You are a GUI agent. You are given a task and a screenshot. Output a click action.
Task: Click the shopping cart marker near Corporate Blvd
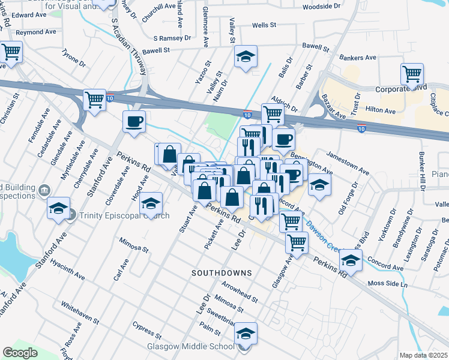(412, 75)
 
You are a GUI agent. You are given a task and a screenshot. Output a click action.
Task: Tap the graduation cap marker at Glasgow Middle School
(245, 334)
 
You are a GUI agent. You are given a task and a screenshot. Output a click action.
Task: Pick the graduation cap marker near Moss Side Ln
(351, 261)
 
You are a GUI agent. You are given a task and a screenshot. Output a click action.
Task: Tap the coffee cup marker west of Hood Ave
(134, 122)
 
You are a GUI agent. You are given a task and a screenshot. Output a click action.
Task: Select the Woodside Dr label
(321, 7)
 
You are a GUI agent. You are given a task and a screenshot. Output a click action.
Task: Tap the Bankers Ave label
(358, 58)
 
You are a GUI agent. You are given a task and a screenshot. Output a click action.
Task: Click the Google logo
(20, 353)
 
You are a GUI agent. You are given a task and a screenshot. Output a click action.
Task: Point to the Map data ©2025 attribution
(424, 355)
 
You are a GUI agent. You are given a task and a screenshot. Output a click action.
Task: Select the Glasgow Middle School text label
(191, 347)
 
